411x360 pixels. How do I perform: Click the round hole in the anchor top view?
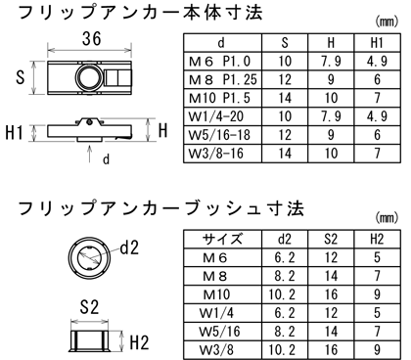pos(87,76)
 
